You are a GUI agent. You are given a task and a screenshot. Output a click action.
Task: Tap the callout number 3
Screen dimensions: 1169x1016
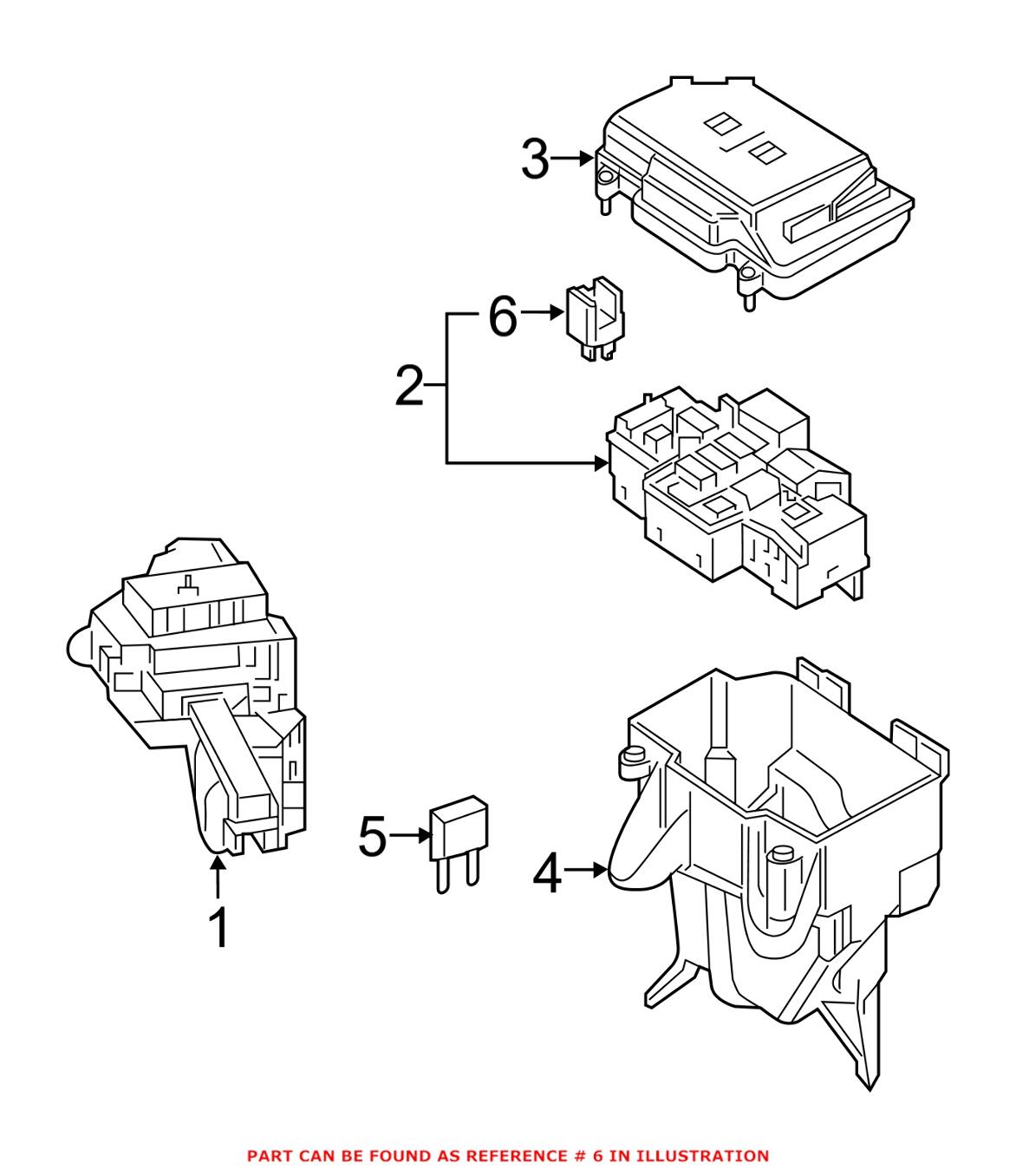tap(536, 160)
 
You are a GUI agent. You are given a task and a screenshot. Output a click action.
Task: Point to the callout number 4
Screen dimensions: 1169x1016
tap(548, 872)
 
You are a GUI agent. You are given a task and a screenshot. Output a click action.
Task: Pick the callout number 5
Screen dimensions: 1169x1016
tap(373, 837)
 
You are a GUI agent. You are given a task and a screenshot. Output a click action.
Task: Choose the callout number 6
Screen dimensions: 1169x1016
tap(503, 317)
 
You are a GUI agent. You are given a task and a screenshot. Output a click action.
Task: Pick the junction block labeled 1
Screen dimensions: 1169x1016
tap(199, 694)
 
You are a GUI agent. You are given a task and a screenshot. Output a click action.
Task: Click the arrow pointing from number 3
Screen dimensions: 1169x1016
tap(573, 159)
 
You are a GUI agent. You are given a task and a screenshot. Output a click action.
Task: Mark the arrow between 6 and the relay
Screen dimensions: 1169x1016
tap(544, 313)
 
